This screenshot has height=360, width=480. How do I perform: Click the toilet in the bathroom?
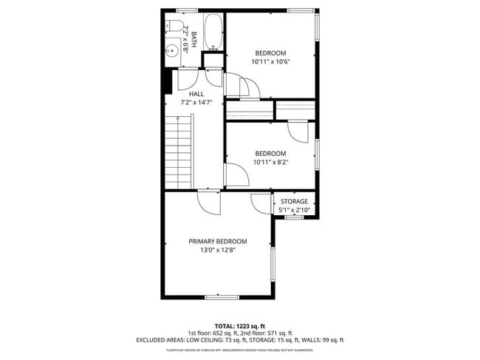176,27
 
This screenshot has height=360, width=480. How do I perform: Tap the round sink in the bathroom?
171,51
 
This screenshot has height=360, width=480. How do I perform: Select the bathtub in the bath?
212,33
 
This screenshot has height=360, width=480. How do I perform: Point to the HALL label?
196,94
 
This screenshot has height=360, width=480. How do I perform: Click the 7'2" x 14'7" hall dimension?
196,103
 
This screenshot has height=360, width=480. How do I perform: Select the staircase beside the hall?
178,152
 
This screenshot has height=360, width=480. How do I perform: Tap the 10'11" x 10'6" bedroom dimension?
270,63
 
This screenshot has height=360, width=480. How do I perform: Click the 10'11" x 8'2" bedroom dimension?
270,163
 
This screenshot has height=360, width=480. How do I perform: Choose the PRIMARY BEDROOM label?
217,241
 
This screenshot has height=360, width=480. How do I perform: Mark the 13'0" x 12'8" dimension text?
217,251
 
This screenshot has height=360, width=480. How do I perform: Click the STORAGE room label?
293,201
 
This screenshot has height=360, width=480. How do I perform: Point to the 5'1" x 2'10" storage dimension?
293,211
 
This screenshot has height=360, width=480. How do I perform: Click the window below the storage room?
295,217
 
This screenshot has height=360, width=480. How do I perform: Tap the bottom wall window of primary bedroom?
222,296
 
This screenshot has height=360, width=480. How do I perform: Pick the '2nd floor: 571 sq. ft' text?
265,333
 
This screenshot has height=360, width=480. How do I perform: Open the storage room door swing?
261,202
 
